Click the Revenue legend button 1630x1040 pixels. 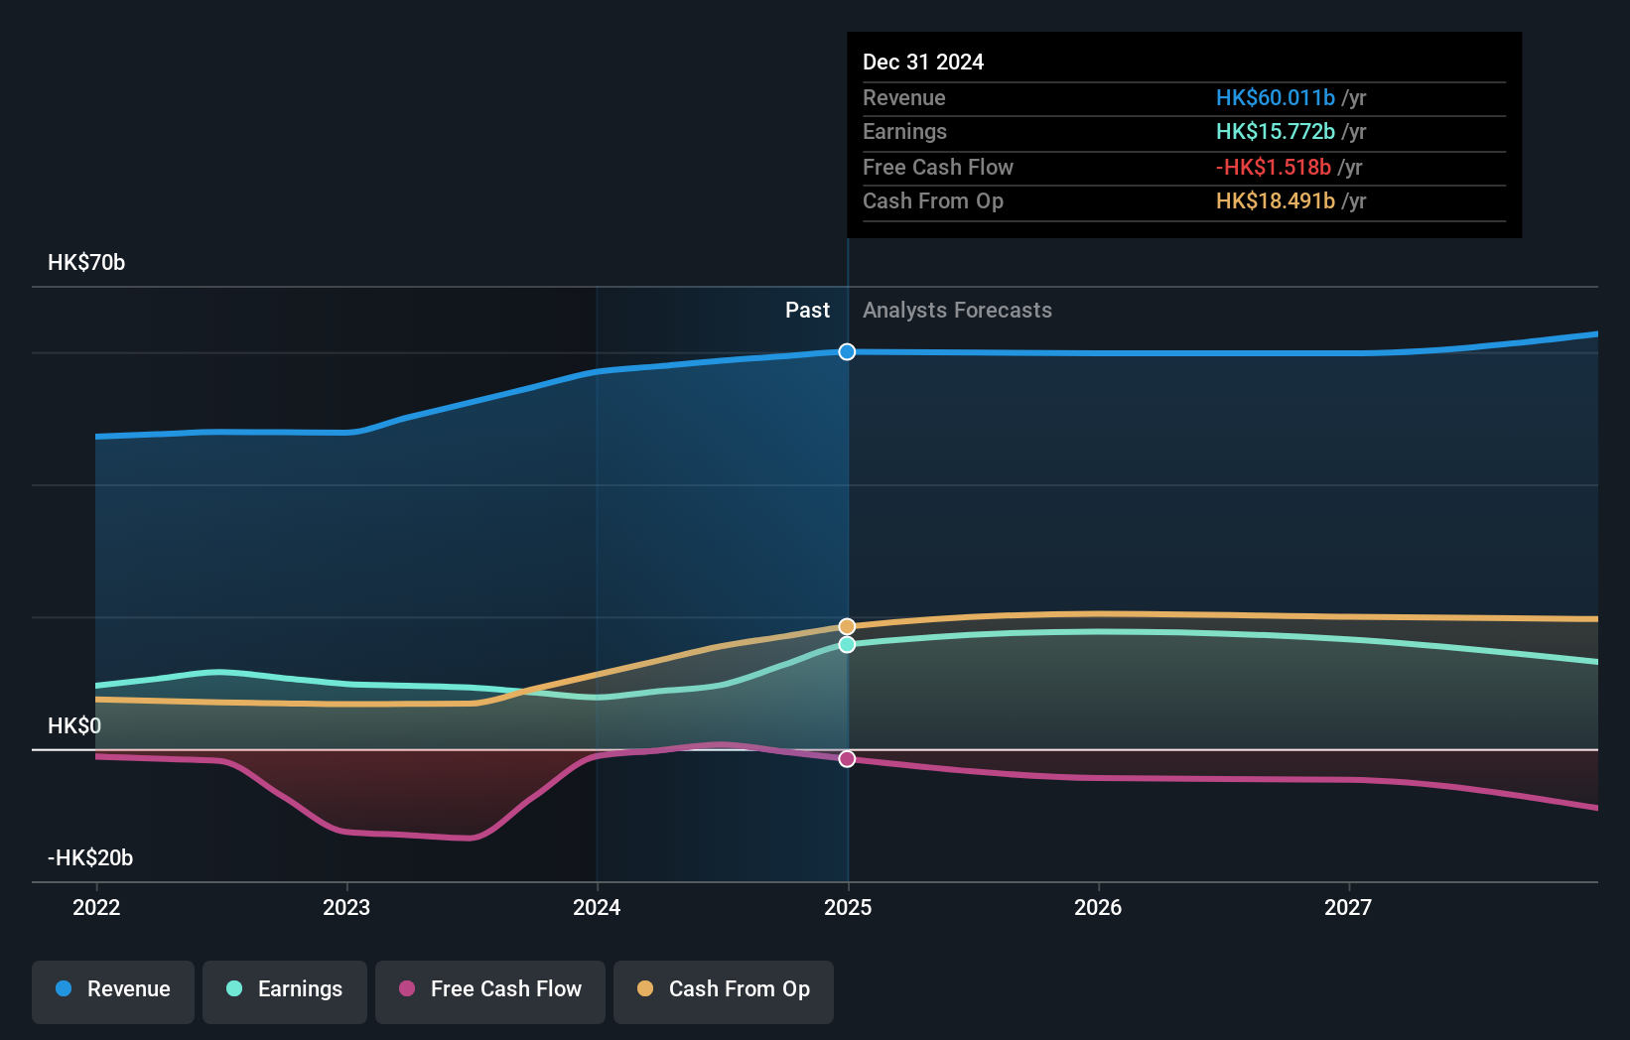(113, 989)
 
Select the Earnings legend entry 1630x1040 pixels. (285, 989)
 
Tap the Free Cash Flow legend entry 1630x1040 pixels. (490, 989)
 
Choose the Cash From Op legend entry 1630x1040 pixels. (724, 989)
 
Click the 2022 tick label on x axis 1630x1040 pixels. (96, 907)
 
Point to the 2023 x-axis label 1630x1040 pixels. (346, 907)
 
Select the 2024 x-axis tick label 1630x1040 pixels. (597, 907)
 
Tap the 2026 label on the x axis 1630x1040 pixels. (1098, 907)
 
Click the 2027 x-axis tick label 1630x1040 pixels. (1348, 907)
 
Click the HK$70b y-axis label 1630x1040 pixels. (86, 263)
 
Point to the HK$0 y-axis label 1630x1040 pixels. (74, 725)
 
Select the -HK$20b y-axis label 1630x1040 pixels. (90, 857)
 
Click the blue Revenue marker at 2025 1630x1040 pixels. (847, 352)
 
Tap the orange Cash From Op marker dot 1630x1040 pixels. (847, 626)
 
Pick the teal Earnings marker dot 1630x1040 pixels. (847, 645)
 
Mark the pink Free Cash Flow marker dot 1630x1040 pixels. (847, 759)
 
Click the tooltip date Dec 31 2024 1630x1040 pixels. (923, 62)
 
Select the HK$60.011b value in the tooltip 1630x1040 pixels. (1276, 97)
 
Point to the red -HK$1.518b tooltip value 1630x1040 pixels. (1274, 167)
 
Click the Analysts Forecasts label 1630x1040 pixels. (957, 311)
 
